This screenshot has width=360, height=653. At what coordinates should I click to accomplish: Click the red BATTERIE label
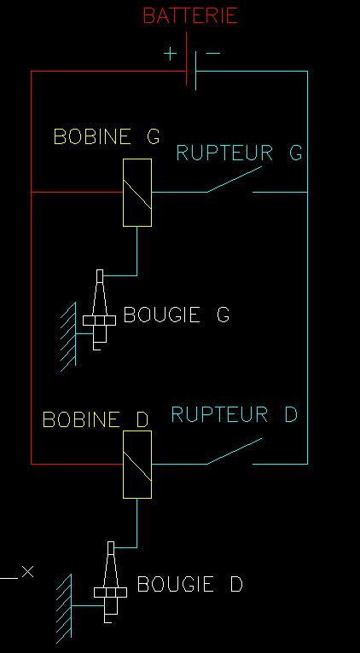190,16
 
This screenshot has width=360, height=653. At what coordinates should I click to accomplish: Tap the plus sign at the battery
170,54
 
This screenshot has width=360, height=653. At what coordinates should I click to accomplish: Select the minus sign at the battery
213,53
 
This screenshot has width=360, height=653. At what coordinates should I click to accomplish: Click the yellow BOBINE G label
107,136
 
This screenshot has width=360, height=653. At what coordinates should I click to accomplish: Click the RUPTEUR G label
239,153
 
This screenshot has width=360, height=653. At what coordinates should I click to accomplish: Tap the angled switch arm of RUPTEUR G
235,180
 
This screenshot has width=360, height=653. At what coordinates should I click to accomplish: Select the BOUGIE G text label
177,315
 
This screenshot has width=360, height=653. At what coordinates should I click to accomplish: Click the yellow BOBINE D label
96,419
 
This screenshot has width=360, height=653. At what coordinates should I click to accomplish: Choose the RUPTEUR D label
235,414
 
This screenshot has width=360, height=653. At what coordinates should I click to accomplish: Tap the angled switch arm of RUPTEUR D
235,451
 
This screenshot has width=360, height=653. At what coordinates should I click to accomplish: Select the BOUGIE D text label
189,584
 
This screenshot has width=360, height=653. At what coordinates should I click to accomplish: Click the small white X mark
27,571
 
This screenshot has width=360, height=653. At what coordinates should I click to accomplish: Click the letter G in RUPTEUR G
296,153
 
